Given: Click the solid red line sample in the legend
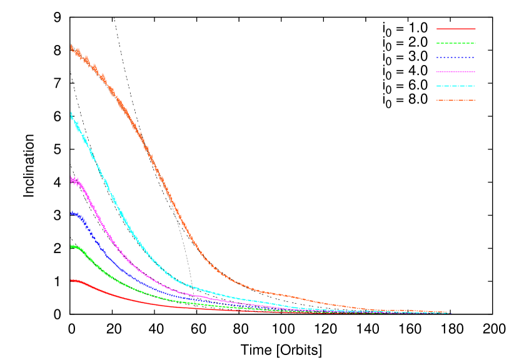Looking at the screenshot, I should [456, 29].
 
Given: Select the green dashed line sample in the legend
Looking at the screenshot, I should [456, 43].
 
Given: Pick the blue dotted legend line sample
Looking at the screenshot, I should [456, 57].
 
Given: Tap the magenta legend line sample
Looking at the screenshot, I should [456, 72].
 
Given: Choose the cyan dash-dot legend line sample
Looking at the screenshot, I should [456, 86].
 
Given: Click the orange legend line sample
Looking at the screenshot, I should [456, 100].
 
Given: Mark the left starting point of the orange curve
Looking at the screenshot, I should [71, 47].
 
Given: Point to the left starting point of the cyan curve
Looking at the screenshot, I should [71, 114].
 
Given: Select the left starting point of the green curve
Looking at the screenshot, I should [71, 247].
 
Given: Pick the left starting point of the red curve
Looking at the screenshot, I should [71, 281].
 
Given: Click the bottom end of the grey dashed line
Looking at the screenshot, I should [196, 312].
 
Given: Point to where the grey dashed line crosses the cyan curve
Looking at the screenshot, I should [191, 286].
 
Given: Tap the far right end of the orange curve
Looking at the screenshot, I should [448, 312].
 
